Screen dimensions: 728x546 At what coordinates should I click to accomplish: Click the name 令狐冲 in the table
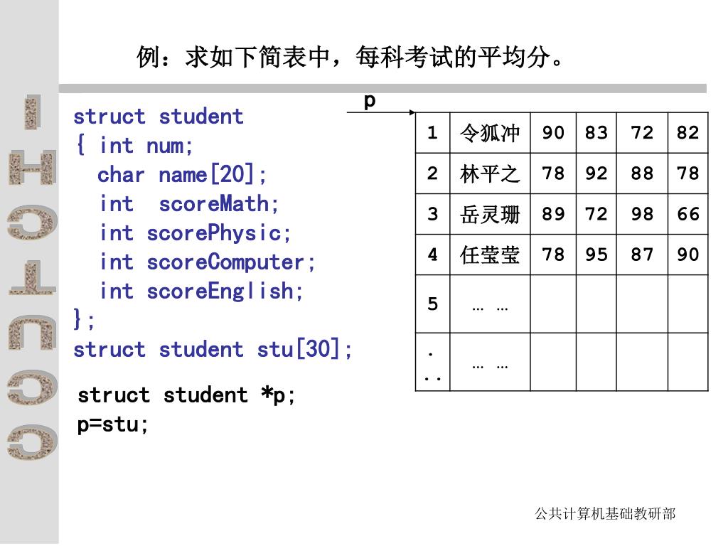(490, 133)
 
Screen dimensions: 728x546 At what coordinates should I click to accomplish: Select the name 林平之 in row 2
(490, 173)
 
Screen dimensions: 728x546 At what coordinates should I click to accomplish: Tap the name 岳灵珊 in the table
(490, 214)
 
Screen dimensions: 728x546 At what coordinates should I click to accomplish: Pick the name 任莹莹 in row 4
(490, 255)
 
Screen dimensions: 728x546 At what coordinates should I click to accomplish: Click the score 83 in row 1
(596, 133)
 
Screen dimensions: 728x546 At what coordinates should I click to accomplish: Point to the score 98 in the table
(642, 214)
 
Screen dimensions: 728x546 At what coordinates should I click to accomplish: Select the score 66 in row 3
(688, 214)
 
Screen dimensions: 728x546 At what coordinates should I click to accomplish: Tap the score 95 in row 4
(596, 255)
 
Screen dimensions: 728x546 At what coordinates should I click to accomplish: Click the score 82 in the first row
(688, 133)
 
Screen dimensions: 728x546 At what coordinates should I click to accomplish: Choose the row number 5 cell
(433, 304)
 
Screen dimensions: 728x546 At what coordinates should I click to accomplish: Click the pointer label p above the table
(370, 100)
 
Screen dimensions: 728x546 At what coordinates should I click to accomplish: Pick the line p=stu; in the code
(113, 425)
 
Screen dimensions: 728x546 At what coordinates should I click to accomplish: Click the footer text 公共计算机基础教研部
(604, 513)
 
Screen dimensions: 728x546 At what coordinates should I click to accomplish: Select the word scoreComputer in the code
(226, 262)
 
